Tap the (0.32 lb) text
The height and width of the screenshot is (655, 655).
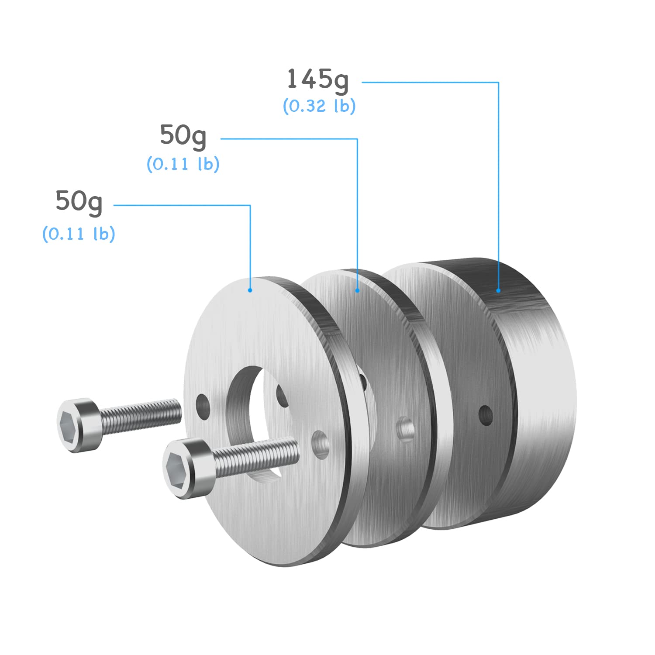click(319, 106)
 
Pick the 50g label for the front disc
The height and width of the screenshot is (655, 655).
click(79, 202)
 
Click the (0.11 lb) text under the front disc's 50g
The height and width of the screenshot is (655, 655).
click(79, 234)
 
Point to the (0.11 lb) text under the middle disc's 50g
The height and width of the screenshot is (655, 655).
click(183, 164)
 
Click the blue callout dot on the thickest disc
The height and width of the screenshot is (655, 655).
click(498, 290)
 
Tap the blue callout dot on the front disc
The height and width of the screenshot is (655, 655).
click(250, 290)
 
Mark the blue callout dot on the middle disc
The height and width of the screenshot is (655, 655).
click(358, 290)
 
